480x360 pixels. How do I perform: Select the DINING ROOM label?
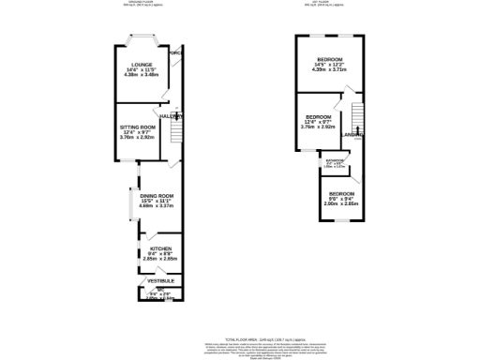[x=151, y=196]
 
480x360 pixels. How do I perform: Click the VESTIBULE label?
[x=157, y=280]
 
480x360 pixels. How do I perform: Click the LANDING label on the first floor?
[x=353, y=134]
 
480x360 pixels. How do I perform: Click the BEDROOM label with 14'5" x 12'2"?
[x=328, y=59]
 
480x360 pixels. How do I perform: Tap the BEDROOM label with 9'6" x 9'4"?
[x=341, y=193]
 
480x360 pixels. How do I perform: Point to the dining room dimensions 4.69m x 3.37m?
[x=151, y=207]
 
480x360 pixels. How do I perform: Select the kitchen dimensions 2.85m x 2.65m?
[x=152, y=260]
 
